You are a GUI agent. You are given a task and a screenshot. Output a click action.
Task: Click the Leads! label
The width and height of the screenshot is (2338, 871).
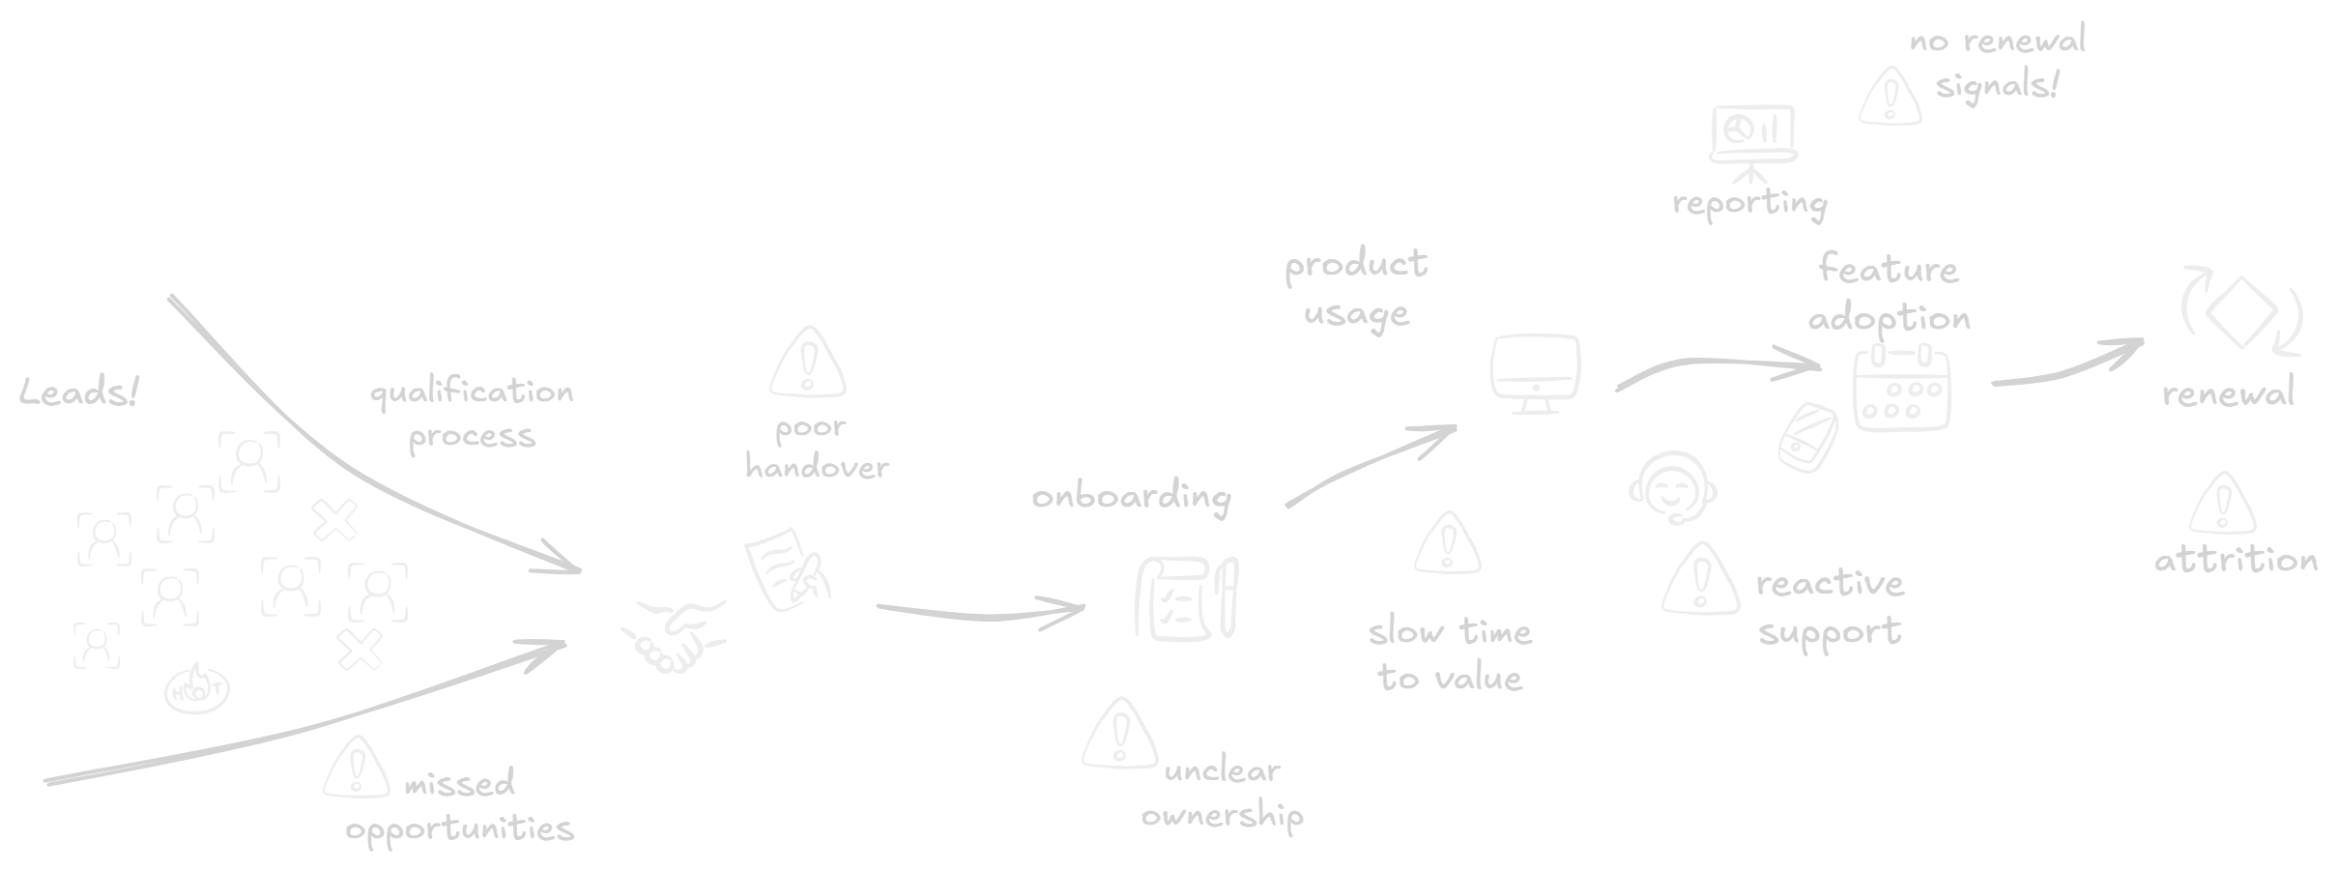tap(79, 392)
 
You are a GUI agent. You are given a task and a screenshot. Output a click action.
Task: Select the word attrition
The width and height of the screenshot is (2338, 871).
tap(2235, 561)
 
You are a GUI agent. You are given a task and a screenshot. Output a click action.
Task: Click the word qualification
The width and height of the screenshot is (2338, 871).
tap(472, 392)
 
